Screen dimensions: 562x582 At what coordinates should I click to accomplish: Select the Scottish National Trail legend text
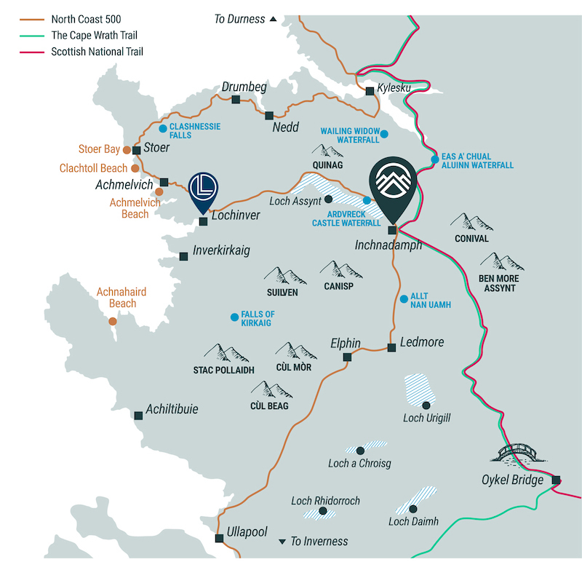click(97, 52)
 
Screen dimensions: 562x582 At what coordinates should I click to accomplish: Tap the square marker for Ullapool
click(219, 538)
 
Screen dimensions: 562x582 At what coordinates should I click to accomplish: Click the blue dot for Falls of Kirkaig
click(234, 317)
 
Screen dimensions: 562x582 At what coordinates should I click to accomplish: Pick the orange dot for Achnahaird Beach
click(113, 321)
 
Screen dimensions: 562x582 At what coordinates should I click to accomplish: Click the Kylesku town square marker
click(370, 91)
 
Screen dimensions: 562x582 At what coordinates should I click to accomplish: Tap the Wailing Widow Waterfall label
click(350, 136)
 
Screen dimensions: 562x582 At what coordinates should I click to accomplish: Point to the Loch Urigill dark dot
click(426, 405)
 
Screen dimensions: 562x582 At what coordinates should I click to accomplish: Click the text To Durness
click(239, 19)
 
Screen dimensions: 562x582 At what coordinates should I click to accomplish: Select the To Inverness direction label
click(319, 541)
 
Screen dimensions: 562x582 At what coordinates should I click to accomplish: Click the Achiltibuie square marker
click(138, 416)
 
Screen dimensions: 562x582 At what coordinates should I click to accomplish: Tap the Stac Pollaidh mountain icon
click(225, 354)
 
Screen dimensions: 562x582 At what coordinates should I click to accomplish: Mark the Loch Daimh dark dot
click(413, 509)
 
